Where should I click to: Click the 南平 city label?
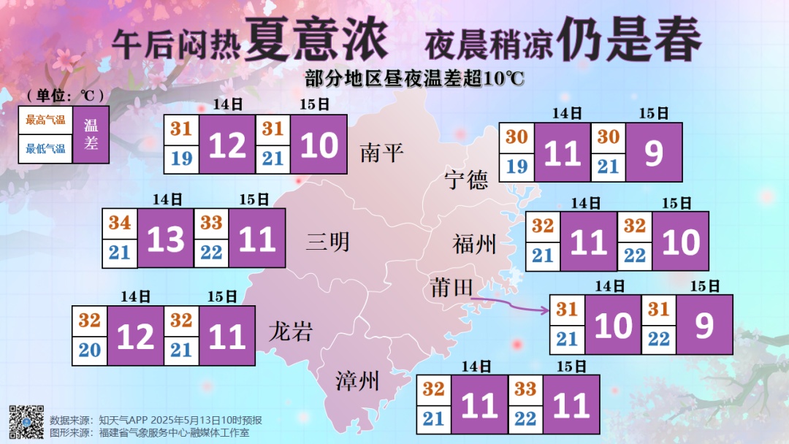point(382,153)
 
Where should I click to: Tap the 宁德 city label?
point(467,180)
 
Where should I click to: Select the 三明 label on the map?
point(328,242)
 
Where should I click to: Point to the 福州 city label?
point(474,245)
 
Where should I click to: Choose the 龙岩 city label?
point(291,332)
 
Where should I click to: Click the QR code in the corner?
point(26,421)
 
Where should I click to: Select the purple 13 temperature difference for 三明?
point(166,239)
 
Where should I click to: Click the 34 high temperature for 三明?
point(120,223)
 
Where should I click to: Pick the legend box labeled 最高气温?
point(45,120)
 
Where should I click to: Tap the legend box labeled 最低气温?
point(45,149)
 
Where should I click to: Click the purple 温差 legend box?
point(91,134)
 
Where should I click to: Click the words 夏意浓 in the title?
point(316,40)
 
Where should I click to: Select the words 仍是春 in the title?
point(628,40)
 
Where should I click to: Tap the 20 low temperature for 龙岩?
point(90,350)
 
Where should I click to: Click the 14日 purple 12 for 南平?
point(227,146)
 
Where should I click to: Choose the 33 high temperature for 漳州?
point(525,389)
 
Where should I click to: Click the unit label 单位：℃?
point(64,96)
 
